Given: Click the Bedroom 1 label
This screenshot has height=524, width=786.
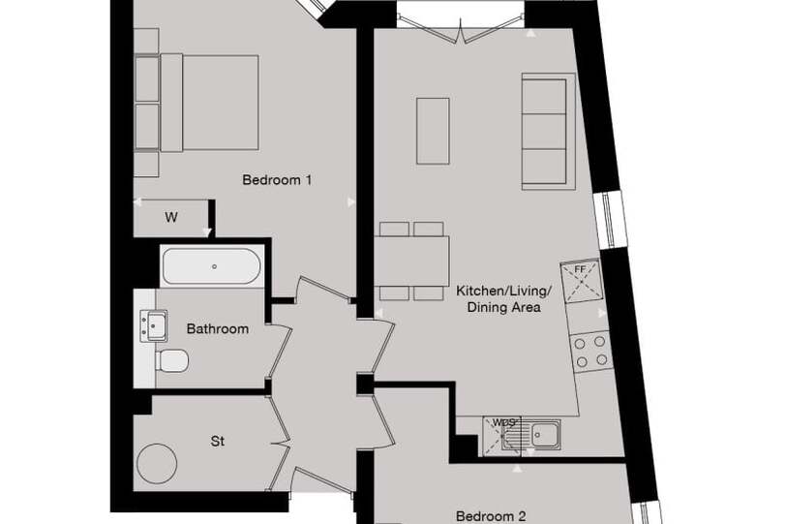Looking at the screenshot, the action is (x=277, y=179).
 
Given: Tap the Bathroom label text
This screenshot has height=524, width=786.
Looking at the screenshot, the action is (x=218, y=329).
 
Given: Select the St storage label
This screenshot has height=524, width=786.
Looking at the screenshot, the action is (x=218, y=442).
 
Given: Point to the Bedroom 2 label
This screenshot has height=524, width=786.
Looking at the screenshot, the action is (x=491, y=516).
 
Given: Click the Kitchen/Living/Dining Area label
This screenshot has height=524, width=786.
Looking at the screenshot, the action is (x=503, y=299).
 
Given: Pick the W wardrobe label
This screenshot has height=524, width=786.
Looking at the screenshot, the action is (x=171, y=218).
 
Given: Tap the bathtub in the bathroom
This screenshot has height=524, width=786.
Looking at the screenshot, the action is (x=212, y=266).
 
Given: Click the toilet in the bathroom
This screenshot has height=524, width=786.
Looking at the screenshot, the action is (x=172, y=360).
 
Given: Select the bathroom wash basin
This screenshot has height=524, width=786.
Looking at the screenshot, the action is (x=153, y=325).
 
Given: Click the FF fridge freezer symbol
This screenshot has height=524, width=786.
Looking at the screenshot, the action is (x=582, y=280).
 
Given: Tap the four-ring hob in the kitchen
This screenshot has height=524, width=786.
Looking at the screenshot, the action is (x=591, y=352).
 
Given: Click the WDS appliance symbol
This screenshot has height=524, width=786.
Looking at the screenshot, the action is (x=503, y=437).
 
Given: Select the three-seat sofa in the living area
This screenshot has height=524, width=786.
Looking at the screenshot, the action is (x=548, y=132).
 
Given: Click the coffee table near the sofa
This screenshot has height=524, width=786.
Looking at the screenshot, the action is (x=433, y=131).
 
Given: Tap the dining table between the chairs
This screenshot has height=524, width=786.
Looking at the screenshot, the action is (x=411, y=262).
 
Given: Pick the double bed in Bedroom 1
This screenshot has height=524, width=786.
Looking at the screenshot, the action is (x=209, y=103).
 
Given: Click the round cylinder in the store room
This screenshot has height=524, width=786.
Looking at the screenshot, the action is (x=157, y=463).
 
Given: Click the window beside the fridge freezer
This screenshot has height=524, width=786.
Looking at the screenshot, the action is (x=609, y=220).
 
